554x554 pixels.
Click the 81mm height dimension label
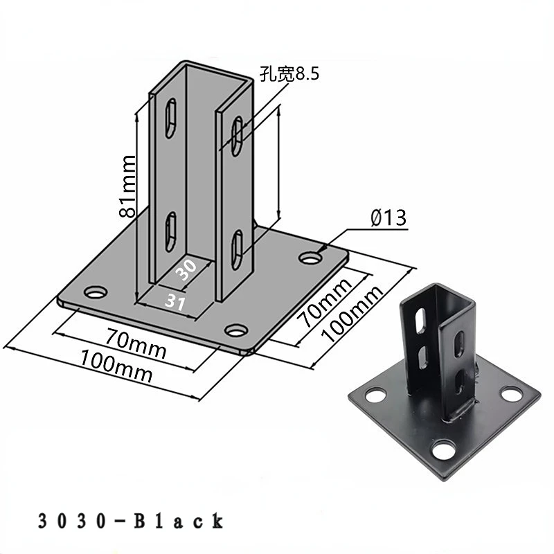[x=127, y=186]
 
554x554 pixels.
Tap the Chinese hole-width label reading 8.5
[x=289, y=74]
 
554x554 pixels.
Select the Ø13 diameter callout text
[x=388, y=217]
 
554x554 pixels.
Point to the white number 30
[x=186, y=269]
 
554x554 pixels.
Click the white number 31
[x=176, y=302]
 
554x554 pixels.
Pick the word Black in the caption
[x=179, y=521]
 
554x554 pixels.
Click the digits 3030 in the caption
[x=72, y=521]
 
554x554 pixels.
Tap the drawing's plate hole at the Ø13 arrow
[x=311, y=258]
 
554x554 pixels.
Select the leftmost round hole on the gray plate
[x=96, y=292]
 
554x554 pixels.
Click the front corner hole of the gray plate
[x=236, y=330]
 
